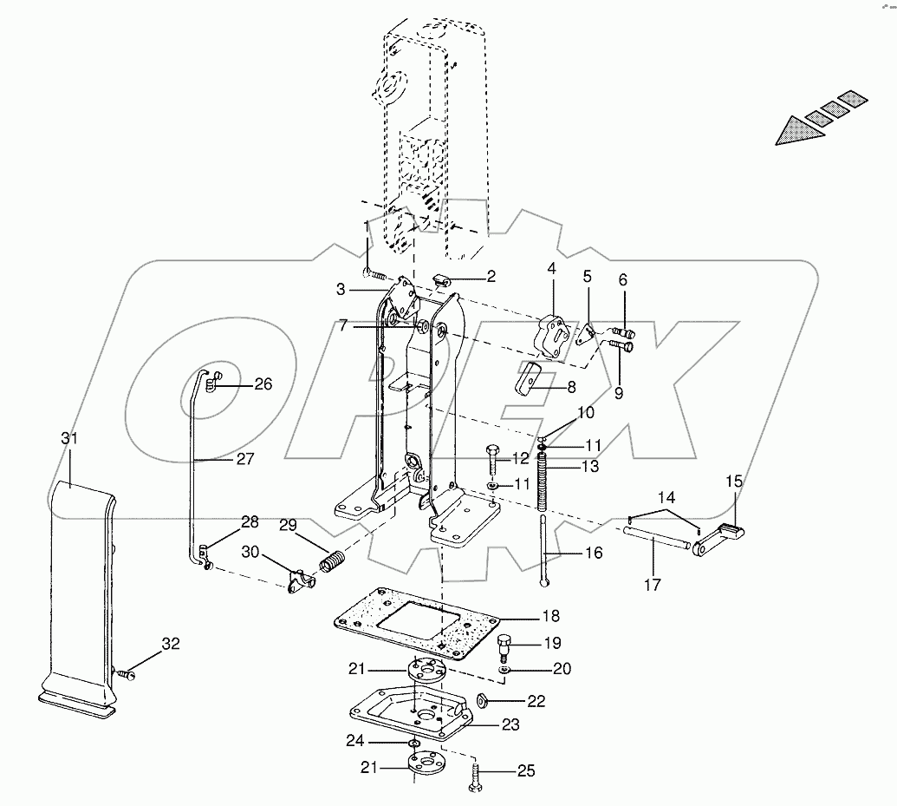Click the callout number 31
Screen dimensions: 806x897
(69, 440)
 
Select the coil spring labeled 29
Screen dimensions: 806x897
(332, 561)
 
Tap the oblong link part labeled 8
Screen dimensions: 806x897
(530, 379)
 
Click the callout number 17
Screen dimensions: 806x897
(653, 585)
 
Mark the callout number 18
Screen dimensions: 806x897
(550, 616)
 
